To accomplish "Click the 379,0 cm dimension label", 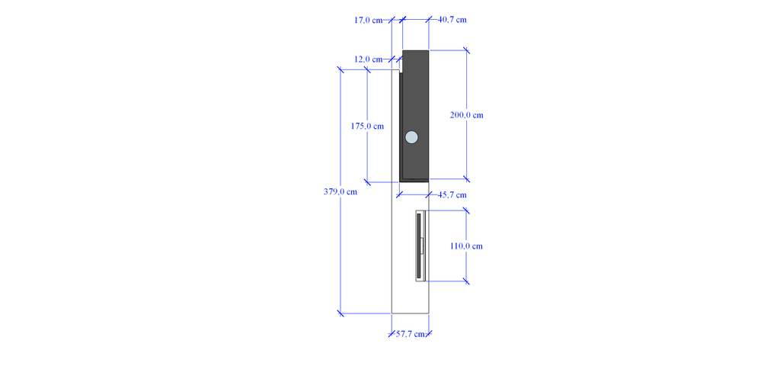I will (340, 191).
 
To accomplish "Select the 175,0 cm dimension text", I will (367, 126).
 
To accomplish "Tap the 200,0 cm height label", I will (467, 115).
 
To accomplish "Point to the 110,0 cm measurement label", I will (467, 246).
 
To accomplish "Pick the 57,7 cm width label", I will (411, 333).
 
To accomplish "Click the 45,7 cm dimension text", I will (452, 195).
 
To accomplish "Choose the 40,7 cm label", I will (452, 20).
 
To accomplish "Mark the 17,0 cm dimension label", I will (369, 21).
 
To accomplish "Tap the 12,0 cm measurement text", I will (369, 59).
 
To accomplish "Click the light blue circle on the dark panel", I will (412, 137).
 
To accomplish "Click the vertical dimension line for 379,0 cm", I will (340, 252).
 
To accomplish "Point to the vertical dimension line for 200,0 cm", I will (466, 76).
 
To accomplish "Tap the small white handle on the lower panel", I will (422, 245).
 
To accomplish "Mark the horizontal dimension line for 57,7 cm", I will (411, 332).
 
